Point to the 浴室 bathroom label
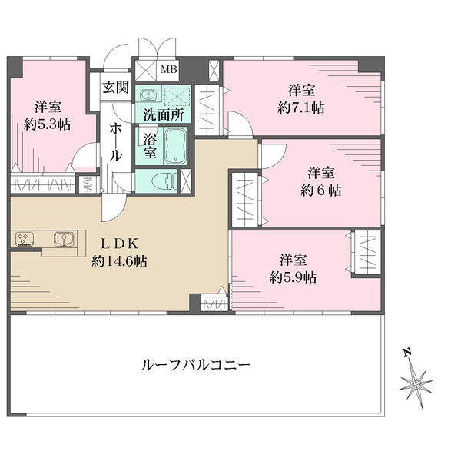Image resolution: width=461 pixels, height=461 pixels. [151, 146]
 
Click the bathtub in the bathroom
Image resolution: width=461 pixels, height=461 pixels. [174, 145]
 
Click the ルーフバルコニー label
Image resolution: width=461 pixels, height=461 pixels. [195, 365]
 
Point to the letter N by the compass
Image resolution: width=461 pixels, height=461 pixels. [407, 353]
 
